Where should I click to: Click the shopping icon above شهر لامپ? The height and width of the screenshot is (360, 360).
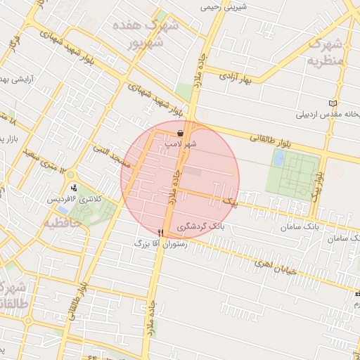181,132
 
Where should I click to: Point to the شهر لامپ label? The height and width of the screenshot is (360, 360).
181,143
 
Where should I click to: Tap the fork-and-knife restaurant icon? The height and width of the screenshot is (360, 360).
161,233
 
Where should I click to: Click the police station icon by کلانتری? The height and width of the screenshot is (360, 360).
74,188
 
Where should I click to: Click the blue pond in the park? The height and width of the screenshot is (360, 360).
278,160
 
